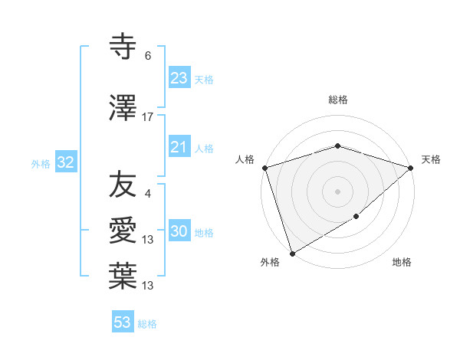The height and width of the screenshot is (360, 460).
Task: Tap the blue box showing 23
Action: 179,78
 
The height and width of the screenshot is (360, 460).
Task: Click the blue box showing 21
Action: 179,147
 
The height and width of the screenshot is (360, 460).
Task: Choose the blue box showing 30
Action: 179,232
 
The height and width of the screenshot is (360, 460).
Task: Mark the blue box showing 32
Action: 64,162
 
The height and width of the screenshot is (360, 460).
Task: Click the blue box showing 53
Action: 122,322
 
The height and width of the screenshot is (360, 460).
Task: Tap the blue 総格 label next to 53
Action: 147,324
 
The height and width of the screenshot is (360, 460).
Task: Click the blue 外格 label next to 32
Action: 41,163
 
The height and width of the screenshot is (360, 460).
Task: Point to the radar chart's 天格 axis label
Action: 431,159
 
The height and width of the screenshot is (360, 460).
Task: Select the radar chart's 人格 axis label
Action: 245,159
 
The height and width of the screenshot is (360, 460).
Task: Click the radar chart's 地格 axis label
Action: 402,263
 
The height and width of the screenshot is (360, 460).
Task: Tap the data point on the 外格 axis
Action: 291,254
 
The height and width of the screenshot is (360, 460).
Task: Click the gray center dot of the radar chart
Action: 337,191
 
